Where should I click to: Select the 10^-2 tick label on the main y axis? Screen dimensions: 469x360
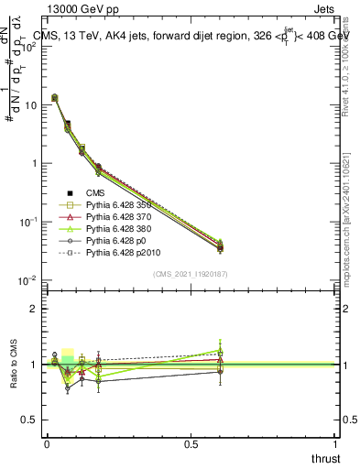click(x=27, y=280)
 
